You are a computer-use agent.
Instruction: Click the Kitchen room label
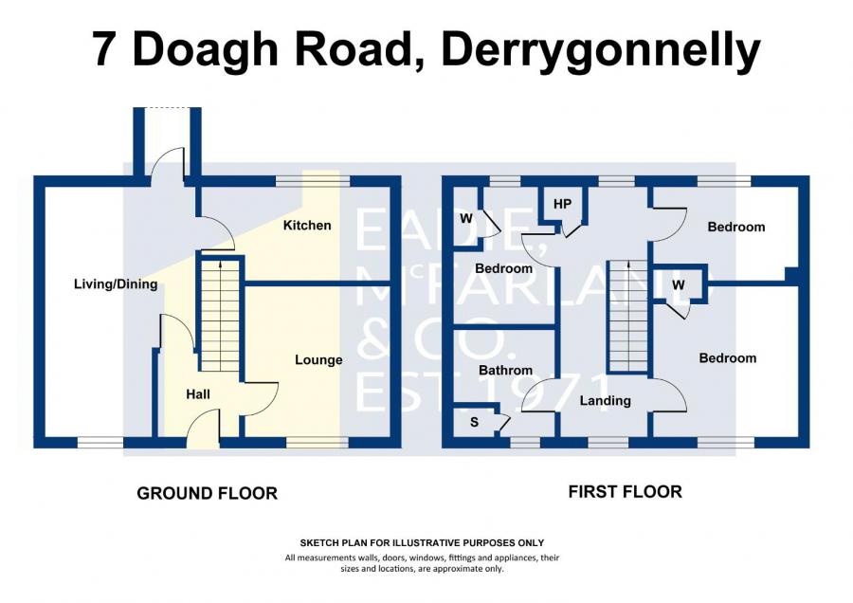click(307, 226)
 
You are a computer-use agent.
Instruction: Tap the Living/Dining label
click(116, 284)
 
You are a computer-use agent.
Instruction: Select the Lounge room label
click(318, 360)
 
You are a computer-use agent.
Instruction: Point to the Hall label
click(198, 394)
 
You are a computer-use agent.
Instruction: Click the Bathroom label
click(505, 371)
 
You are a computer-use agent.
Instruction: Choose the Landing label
click(605, 401)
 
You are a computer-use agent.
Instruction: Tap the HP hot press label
click(562, 204)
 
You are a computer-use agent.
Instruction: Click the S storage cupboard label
click(474, 423)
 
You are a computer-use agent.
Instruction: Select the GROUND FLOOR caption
click(207, 493)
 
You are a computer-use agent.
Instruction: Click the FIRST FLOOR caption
click(625, 492)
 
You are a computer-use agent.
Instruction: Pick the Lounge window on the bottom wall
click(317, 442)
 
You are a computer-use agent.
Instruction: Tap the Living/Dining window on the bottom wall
click(100, 442)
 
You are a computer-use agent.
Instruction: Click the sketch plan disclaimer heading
click(422, 542)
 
